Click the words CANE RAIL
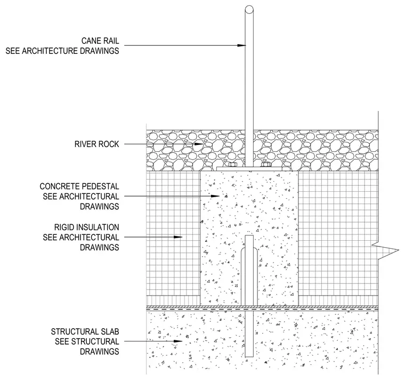click(100, 41)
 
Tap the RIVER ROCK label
click(96, 144)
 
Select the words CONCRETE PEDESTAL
click(79, 186)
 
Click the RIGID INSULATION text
click(86, 227)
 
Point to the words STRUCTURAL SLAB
click(85, 332)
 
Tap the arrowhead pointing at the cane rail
click(241, 45)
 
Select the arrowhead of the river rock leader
click(199, 144)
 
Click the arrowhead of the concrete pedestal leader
click(215, 196)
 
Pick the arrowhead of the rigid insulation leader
click(178, 237)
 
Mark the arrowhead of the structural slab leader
click(178, 341)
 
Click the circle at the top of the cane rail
click(249, 10)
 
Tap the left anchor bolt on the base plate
click(232, 165)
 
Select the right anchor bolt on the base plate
click(265, 165)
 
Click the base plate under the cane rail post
click(249, 169)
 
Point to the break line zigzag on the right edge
click(385, 250)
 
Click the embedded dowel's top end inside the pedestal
click(249, 235)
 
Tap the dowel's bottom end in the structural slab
click(249, 357)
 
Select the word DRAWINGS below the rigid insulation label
click(100, 247)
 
